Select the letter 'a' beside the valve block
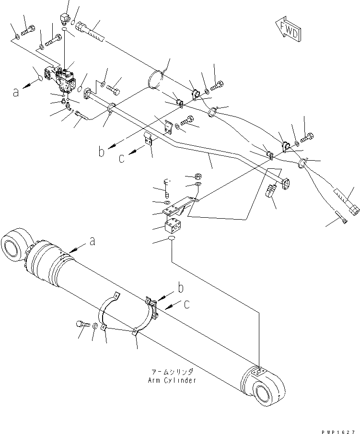point(16,91)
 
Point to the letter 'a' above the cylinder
point(92,242)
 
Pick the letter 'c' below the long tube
point(122,157)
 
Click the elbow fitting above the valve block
point(63,20)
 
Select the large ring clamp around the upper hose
point(158,80)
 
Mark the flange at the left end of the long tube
point(88,94)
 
